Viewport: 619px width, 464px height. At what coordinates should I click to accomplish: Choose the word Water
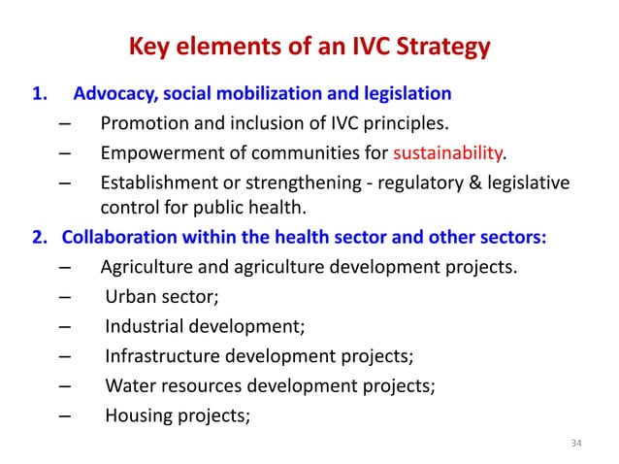(x=130, y=384)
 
